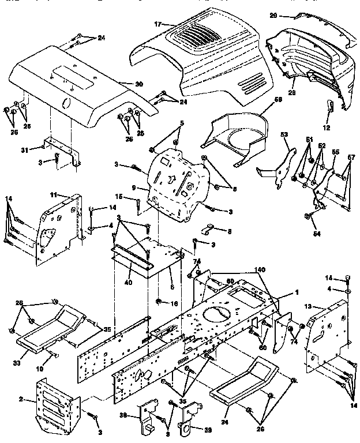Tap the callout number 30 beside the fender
point(138,85)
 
